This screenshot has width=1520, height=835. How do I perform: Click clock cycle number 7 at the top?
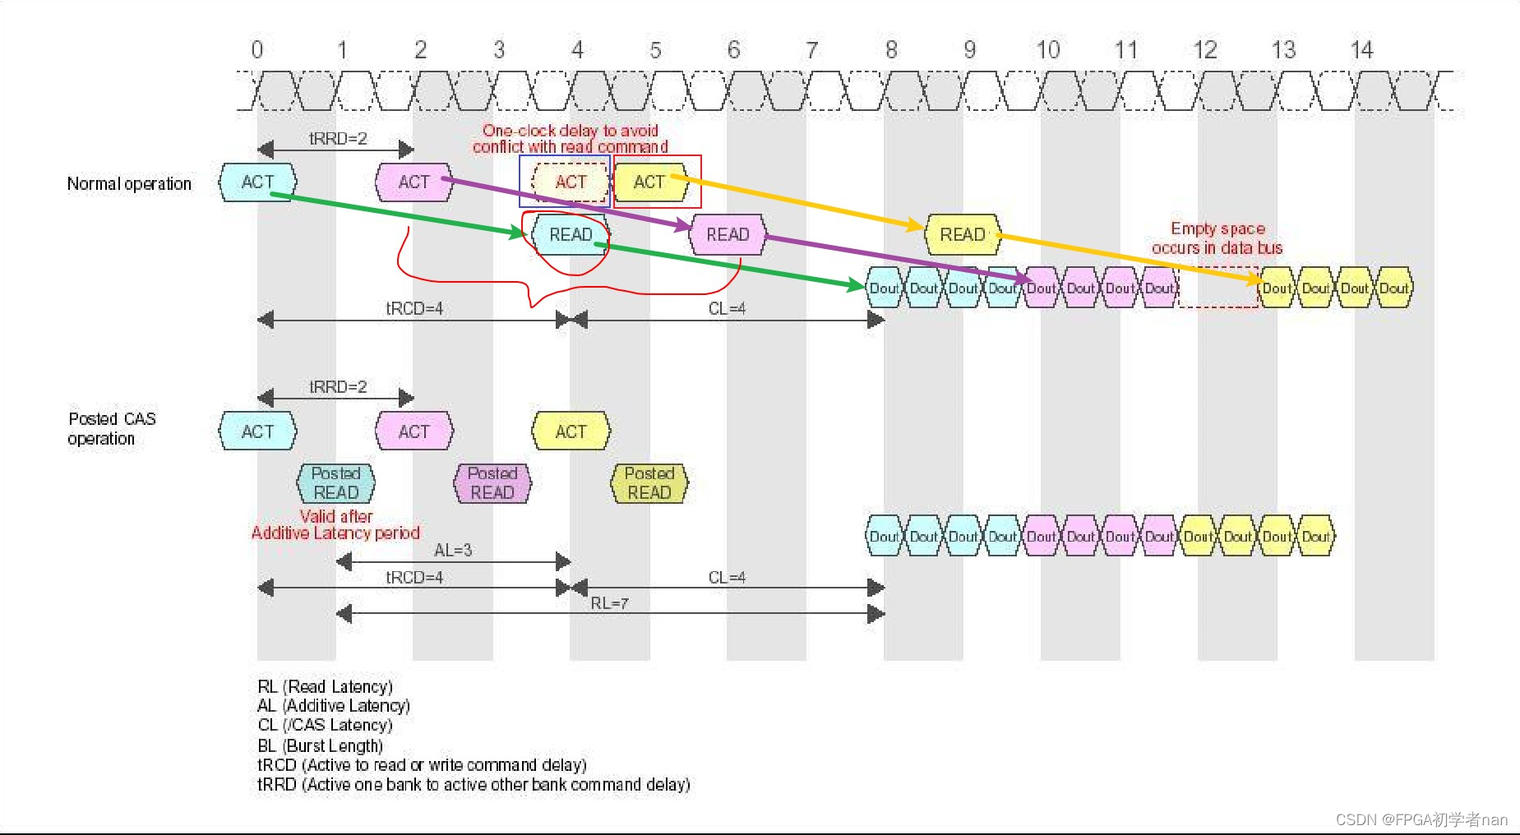pos(812,51)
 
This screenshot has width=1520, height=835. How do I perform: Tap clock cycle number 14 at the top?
pos(1361,51)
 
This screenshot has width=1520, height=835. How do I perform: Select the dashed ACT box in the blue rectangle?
pos(571,182)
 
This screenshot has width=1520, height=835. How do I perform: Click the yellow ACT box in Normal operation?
pos(649,182)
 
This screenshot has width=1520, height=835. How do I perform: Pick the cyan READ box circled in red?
pos(571,235)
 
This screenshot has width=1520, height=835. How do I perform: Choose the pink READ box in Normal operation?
pos(728,235)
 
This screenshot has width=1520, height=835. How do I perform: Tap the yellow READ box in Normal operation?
pos(963,235)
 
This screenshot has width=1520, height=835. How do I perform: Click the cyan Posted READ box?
pos(336,483)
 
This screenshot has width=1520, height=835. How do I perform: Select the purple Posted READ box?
pos(492,483)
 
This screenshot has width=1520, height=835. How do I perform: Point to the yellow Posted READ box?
pos(649,483)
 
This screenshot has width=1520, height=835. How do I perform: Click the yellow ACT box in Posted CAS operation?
pos(571,431)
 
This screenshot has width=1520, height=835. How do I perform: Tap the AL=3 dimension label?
pos(453,551)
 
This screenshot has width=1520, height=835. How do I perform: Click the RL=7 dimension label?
pos(609,603)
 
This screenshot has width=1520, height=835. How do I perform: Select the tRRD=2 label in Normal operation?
pos(338,139)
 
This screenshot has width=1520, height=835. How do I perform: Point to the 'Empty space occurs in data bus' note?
pos(1217,238)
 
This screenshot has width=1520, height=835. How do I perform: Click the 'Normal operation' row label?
pos(129,184)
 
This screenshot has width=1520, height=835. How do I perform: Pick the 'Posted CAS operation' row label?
pos(112,428)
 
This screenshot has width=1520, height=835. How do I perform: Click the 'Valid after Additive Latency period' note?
pos(335,524)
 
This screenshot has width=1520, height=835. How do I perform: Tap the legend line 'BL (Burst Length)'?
pos(321,745)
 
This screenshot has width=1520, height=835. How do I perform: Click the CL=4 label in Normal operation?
pos(727,309)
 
